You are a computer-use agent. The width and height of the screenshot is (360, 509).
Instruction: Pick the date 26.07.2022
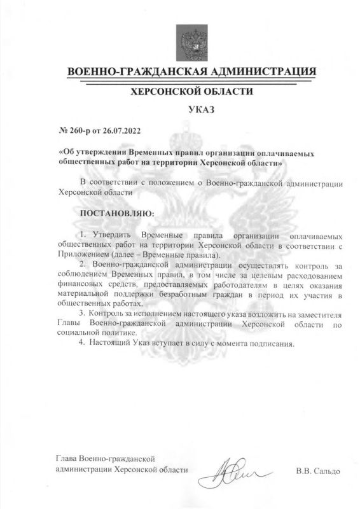point(121,132)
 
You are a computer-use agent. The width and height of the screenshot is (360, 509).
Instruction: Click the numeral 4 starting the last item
point(81,344)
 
